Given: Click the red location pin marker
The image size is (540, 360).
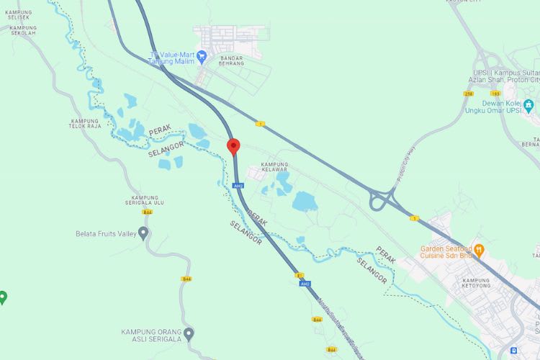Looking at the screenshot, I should [x=233, y=146].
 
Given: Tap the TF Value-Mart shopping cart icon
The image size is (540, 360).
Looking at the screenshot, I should [x=203, y=55].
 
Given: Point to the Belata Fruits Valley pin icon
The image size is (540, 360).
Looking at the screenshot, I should [x=143, y=233].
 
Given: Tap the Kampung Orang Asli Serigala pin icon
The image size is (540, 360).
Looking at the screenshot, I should [x=189, y=333].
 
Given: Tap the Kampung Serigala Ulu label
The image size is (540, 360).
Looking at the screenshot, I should [x=148, y=200].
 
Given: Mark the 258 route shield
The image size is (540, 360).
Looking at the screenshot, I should [x=469, y=94].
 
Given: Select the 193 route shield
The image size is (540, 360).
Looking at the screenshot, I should [x=495, y=94].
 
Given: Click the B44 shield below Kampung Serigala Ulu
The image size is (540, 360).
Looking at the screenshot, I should [x=147, y=212].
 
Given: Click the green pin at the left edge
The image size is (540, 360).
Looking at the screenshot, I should [x=3, y=296].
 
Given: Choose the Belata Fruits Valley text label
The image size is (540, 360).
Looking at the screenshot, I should [x=107, y=233].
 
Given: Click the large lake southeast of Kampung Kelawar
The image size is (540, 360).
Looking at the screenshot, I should [x=305, y=201].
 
